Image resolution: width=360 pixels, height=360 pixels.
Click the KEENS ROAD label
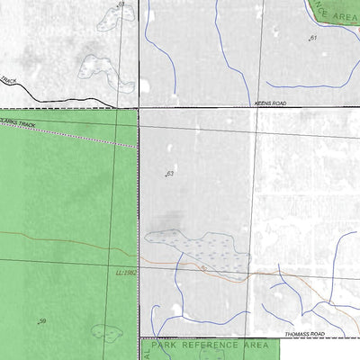tap(270, 103)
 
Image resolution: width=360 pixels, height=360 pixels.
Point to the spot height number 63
tap(169, 173)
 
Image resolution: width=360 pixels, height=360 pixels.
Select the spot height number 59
tap(41, 321)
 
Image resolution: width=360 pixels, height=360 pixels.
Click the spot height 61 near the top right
tap(313, 38)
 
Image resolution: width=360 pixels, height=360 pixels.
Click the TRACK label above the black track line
tap(8, 80)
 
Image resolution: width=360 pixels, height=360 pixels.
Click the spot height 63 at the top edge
tap(120, 4)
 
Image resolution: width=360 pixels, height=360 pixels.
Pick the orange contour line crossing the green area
tap(63, 239)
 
